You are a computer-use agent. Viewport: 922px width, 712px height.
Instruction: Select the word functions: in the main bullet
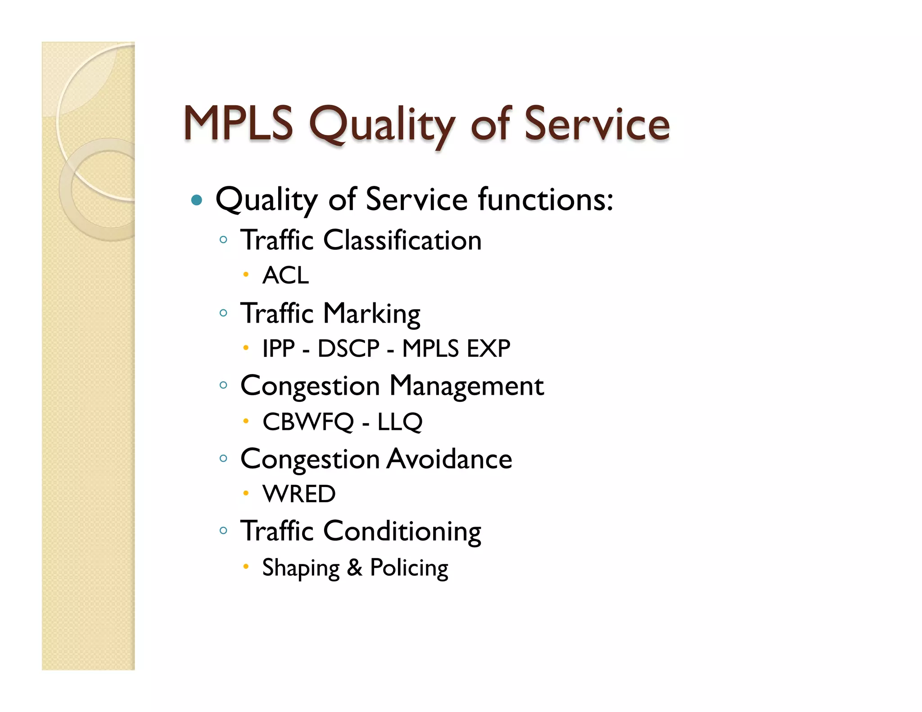pyautogui.click(x=546, y=199)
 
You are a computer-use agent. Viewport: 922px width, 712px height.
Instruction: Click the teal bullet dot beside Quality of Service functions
pyautogui.click(x=197, y=200)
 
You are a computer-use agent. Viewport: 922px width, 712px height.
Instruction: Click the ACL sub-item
pyautogui.click(x=286, y=275)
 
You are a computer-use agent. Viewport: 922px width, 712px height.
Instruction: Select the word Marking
pyautogui.click(x=371, y=314)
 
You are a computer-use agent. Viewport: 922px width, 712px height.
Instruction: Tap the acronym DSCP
pyautogui.click(x=348, y=348)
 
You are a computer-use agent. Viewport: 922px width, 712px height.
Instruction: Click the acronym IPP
pyautogui.click(x=279, y=348)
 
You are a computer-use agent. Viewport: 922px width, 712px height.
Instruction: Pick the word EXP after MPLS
pyautogui.click(x=488, y=348)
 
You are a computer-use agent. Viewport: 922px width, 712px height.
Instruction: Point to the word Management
pyautogui.click(x=466, y=386)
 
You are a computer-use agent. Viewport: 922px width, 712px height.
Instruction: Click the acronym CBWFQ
pyautogui.click(x=308, y=422)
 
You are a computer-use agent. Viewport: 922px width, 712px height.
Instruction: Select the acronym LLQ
pyautogui.click(x=400, y=422)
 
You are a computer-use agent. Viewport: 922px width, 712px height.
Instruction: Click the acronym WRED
pyautogui.click(x=299, y=494)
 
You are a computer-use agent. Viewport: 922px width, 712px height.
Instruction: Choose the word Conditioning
pyautogui.click(x=402, y=532)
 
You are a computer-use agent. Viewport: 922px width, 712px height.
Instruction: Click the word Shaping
pyautogui.click(x=301, y=568)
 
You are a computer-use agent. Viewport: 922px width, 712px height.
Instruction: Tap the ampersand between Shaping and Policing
pyautogui.click(x=355, y=568)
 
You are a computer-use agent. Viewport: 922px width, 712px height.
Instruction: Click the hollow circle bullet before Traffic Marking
pyautogui.click(x=223, y=313)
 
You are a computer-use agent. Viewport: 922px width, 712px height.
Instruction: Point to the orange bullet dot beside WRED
pyautogui.click(x=246, y=493)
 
